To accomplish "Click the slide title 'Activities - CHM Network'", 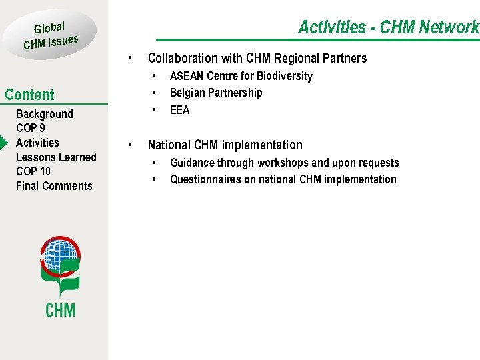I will click(388, 27).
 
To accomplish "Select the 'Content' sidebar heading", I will click(29, 95).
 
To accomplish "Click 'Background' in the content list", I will click(44, 114).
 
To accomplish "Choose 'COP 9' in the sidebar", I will click(31, 128).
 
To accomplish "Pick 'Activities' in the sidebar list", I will click(37, 143).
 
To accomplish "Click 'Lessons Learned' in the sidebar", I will click(56, 157).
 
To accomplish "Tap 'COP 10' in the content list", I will click(33, 171).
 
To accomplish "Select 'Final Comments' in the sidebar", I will click(54, 186).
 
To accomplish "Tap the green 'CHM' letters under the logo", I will click(60, 310).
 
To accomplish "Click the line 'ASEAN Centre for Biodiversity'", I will click(241, 76).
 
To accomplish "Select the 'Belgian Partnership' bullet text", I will click(216, 93).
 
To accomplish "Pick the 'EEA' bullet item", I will click(179, 110).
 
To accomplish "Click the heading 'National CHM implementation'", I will click(225, 145).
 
